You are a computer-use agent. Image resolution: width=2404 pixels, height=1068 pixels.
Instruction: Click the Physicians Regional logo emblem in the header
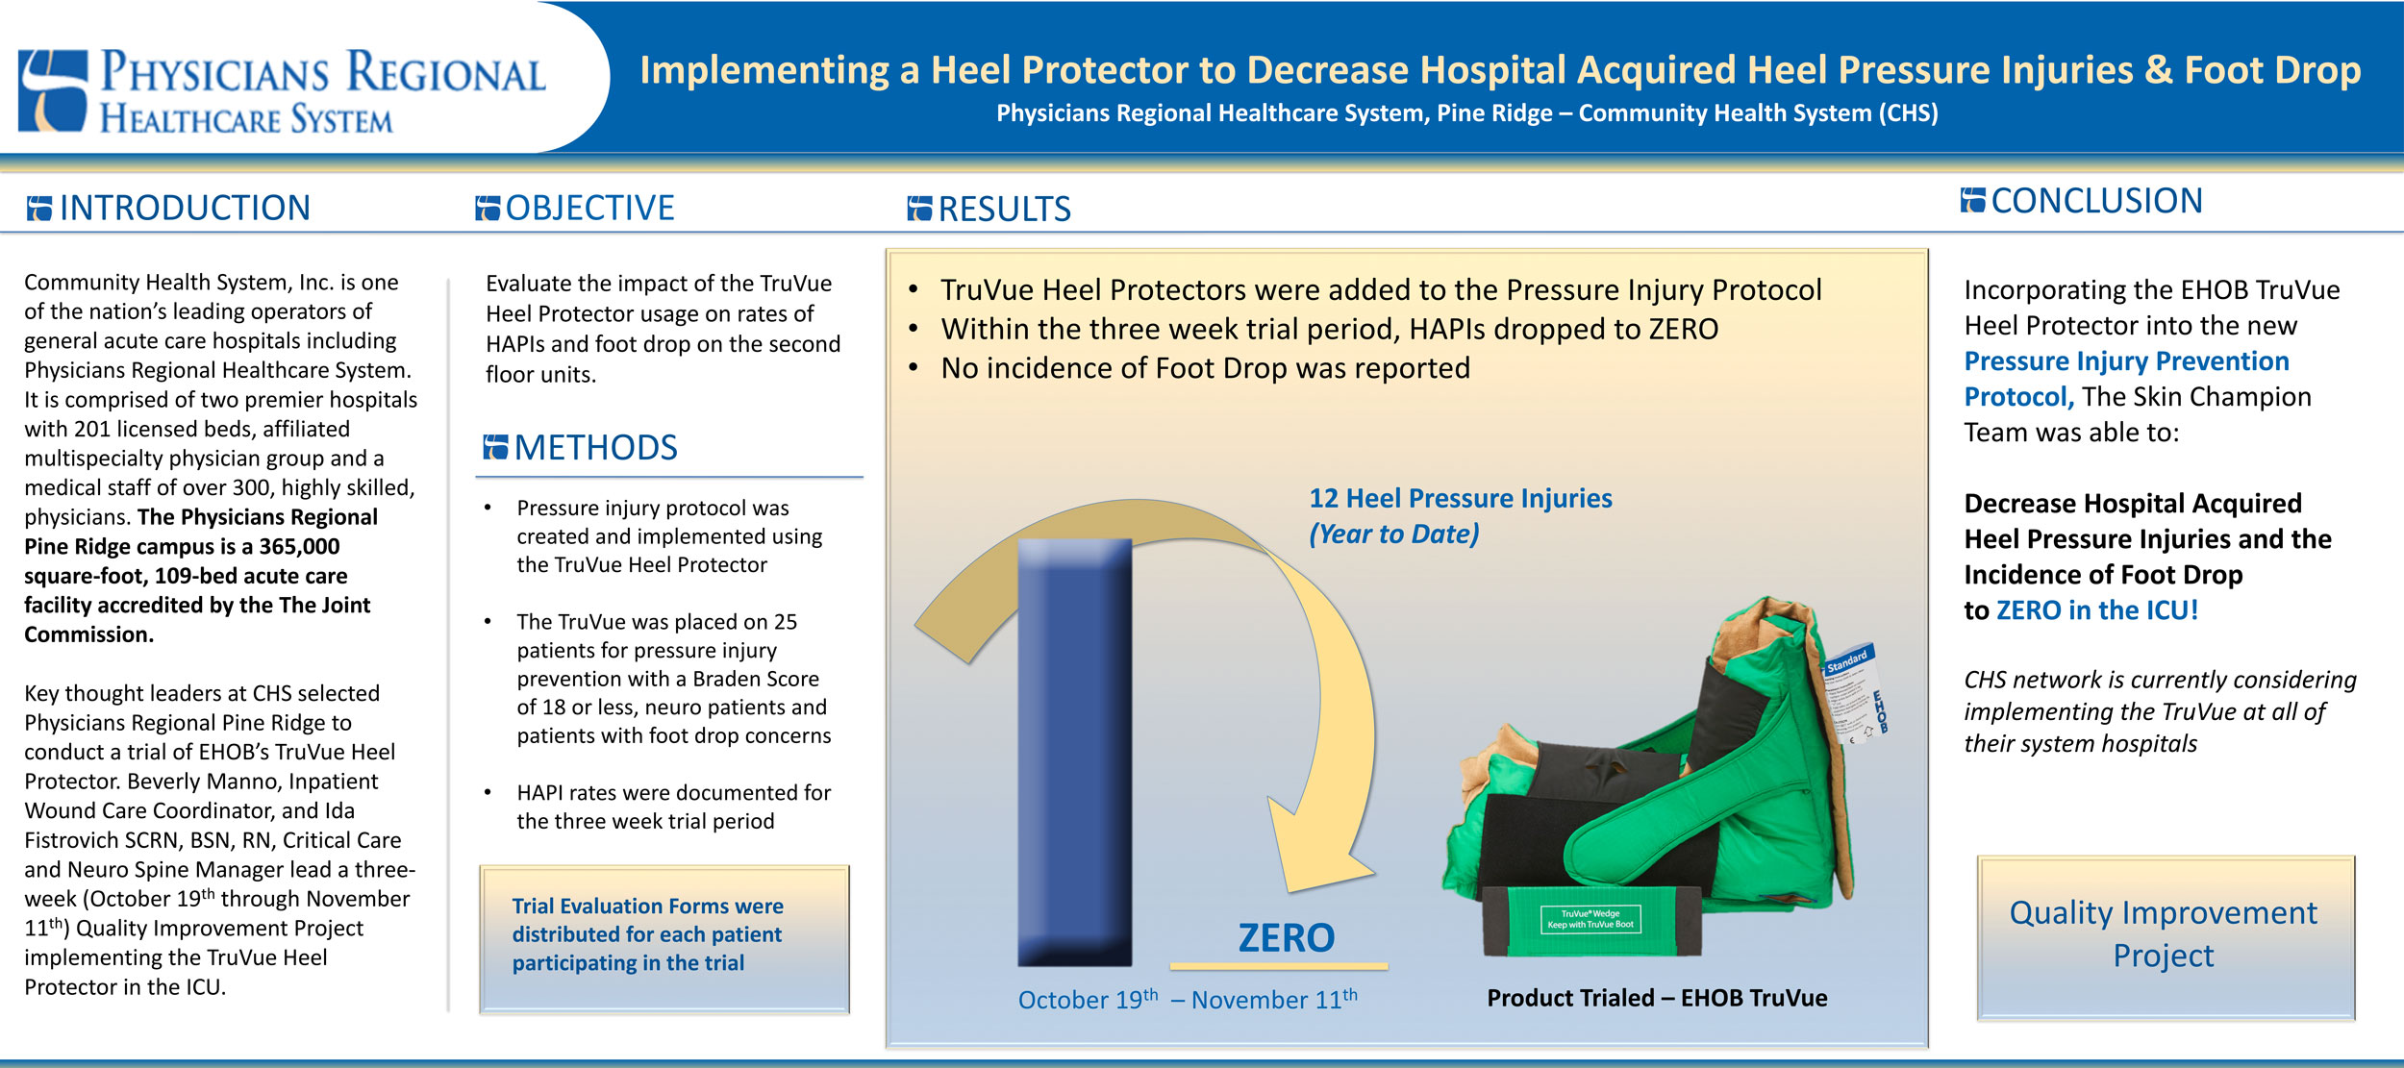[53, 90]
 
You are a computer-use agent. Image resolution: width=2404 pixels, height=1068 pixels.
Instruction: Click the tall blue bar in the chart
[1074, 752]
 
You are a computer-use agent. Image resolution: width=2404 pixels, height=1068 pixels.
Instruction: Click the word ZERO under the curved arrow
[1286, 937]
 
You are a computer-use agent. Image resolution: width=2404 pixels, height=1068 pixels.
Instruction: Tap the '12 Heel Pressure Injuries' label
[1460, 498]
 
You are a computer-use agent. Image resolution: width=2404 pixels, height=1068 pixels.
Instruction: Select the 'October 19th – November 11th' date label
[1188, 999]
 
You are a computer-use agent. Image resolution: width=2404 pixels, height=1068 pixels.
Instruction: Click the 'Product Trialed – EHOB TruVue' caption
[1657, 998]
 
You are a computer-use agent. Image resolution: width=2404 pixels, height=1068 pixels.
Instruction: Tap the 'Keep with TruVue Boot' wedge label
[1590, 920]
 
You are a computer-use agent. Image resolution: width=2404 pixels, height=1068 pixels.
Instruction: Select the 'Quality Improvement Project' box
[2166, 937]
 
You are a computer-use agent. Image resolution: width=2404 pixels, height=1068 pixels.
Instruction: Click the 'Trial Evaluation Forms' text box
[664, 938]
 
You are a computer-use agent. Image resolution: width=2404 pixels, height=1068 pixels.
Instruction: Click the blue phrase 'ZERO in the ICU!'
[2097, 610]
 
